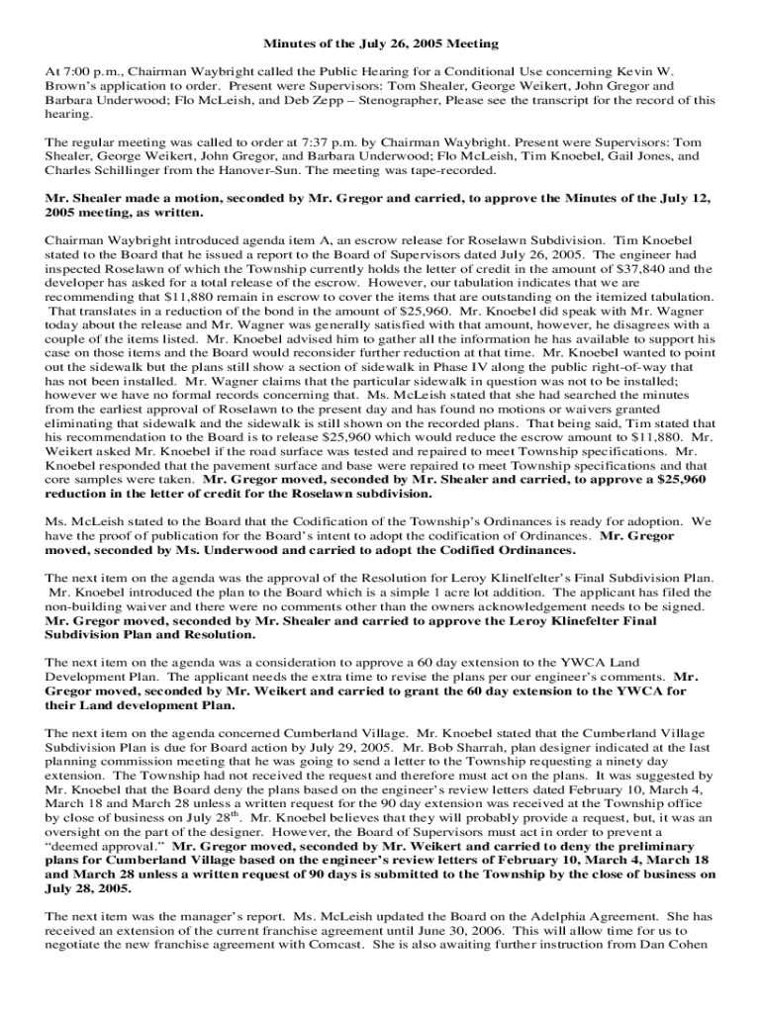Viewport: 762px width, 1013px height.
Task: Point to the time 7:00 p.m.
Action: (83, 72)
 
